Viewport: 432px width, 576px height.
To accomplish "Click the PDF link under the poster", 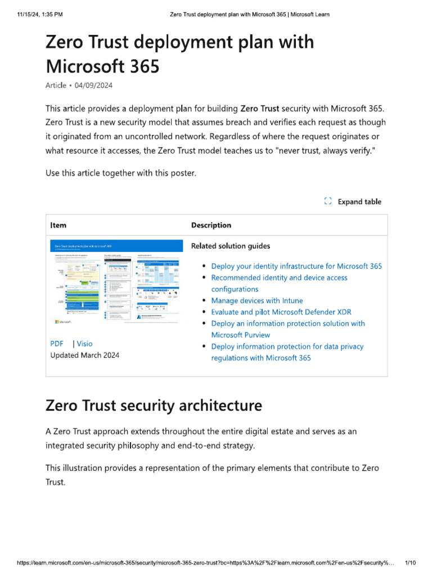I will click(x=57, y=344).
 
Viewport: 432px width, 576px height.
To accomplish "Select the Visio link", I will click(x=84, y=344).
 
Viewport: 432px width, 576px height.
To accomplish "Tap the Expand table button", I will click(x=359, y=202).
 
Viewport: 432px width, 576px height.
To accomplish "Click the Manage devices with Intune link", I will click(x=256, y=300).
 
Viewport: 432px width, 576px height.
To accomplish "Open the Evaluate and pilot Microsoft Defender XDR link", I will click(x=280, y=312).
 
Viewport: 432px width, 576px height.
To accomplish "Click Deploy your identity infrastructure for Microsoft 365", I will click(x=296, y=266).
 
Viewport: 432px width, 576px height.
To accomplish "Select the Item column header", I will click(x=58, y=225).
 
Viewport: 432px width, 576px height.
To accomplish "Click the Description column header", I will click(x=211, y=225).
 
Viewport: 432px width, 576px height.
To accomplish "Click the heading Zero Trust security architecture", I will click(x=154, y=406).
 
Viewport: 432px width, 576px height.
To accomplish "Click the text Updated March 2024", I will click(x=85, y=355).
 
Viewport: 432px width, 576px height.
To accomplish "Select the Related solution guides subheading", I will click(x=231, y=246).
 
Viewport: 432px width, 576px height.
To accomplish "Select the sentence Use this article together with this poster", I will click(x=121, y=173).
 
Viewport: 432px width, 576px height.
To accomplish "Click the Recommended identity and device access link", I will click(x=279, y=278).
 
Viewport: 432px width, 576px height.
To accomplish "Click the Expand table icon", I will click(x=328, y=202).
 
